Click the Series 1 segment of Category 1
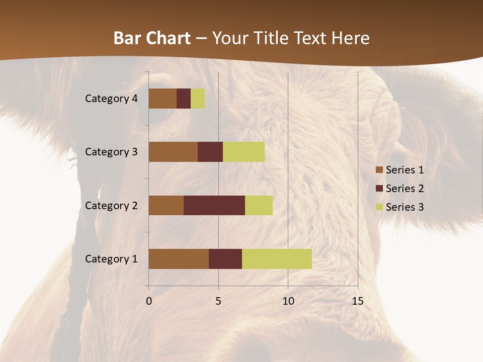[179, 259]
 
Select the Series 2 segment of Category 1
[225, 259]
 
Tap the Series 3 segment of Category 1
[277, 259]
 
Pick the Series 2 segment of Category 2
[214, 205]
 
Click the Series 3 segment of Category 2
[259, 205]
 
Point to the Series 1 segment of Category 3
[173, 152]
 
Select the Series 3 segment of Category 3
[244, 152]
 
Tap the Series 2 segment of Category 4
[184, 99]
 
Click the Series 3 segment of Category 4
[198, 99]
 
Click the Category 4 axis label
[111, 99]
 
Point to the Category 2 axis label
[111, 205]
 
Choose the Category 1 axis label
[111, 259]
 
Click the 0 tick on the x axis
[149, 301]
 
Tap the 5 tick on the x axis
[218, 301]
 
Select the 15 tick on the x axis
[357, 301]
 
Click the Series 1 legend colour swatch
[379, 170]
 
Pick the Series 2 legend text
[405, 189]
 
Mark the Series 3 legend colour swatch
[379, 207]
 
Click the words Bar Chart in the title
[152, 38]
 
